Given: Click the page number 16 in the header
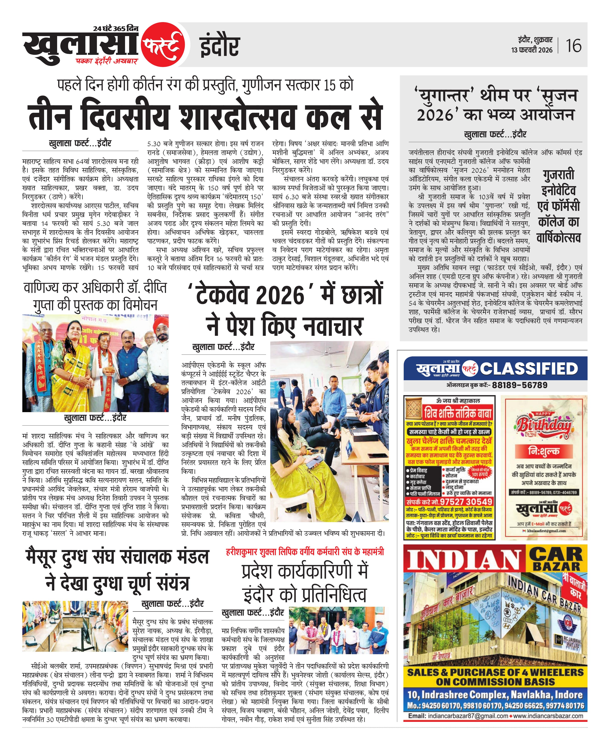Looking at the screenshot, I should tap(573, 46).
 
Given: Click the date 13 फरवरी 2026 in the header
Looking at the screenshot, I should tap(532, 50).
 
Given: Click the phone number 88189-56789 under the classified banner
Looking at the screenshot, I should tap(520, 385).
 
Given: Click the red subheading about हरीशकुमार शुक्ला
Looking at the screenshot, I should tap(305, 552).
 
